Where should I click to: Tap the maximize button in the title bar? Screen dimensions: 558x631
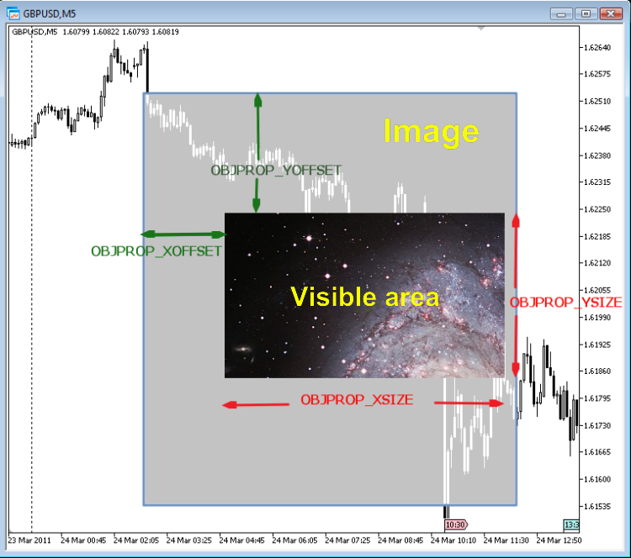[586, 13]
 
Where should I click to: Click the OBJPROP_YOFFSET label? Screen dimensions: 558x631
[276, 171]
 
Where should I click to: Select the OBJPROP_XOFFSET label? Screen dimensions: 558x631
[156, 250]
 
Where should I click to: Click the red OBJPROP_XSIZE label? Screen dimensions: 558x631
[357, 400]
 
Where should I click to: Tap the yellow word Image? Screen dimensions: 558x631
[431, 131]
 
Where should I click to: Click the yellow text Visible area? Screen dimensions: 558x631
[364, 297]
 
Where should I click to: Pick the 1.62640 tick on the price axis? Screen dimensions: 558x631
[602, 47]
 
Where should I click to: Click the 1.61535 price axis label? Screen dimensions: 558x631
[602, 506]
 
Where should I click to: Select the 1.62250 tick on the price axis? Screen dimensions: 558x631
[602, 209]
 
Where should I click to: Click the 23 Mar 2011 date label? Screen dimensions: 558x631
[29, 540]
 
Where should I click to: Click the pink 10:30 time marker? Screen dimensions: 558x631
[455, 524]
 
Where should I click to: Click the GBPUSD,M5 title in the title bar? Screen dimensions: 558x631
[49, 13]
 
